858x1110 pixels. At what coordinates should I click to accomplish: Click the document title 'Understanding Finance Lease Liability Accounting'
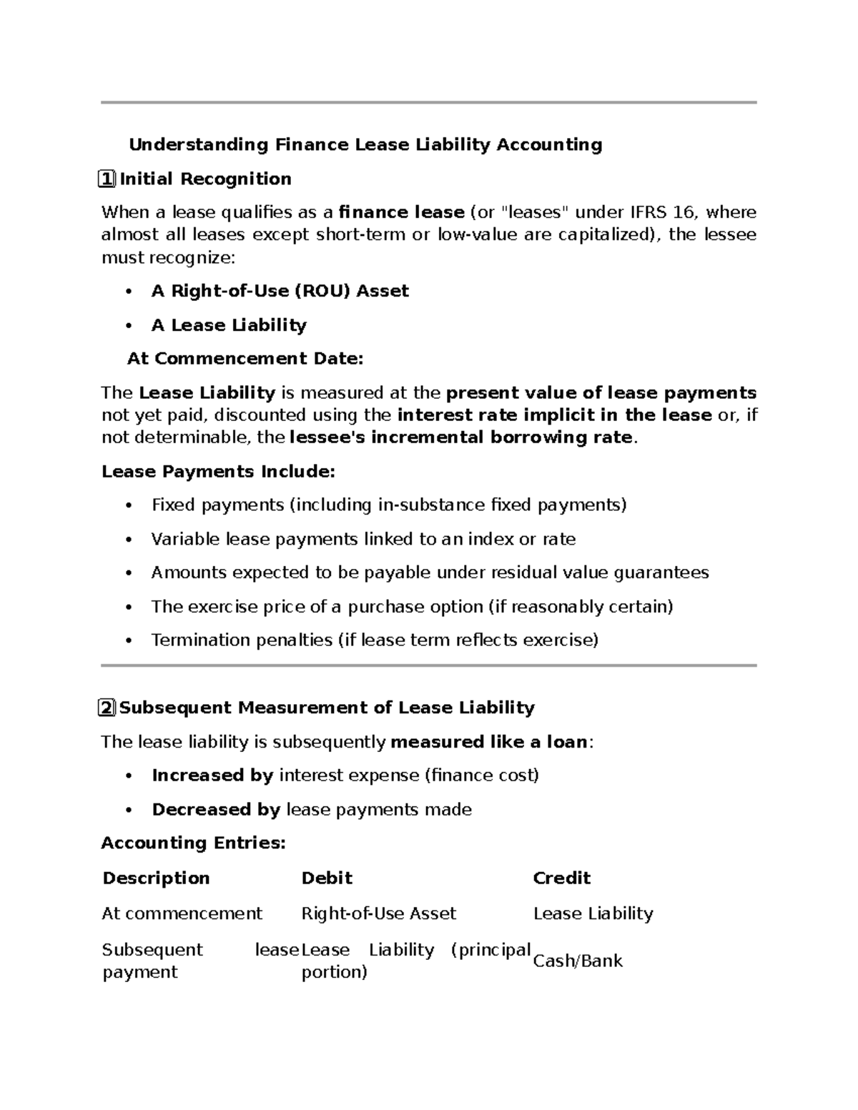click(365, 145)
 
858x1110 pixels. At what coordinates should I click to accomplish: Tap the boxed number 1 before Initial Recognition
click(107, 179)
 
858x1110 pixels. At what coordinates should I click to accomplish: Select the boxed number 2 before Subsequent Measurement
click(107, 708)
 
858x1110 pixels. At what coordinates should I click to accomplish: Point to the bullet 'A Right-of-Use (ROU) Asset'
click(280, 291)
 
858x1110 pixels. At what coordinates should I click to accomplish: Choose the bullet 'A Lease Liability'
click(229, 325)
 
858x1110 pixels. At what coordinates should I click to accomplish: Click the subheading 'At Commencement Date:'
click(245, 359)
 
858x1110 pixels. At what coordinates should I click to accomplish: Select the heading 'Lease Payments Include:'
click(218, 472)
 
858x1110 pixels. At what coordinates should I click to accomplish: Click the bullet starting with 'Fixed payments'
click(388, 505)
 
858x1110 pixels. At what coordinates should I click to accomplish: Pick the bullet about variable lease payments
click(363, 539)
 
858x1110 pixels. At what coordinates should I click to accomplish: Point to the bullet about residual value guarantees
click(430, 573)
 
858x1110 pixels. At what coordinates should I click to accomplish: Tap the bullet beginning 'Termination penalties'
click(374, 640)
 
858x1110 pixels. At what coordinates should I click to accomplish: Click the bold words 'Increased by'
click(212, 775)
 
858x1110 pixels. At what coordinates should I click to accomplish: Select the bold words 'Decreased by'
click(216, 810)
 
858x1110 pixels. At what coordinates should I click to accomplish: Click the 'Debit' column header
click(327, 878)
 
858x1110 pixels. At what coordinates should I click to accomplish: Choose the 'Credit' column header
click(561, 878)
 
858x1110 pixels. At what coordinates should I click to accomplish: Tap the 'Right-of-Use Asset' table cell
click(378, 913)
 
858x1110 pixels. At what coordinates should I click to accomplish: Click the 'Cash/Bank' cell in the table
click(578, 961)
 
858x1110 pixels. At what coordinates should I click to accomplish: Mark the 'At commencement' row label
click(182, 913)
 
